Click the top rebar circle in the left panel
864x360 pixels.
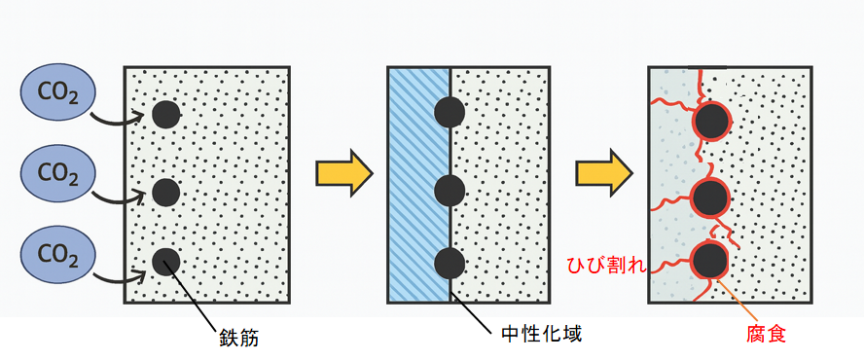166,115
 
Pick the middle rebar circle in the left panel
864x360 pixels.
166,192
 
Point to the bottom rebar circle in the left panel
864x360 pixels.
166,262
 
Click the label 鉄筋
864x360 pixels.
238,341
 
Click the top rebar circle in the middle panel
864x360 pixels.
450,113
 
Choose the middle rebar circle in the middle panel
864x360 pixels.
450,189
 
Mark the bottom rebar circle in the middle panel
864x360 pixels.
450,263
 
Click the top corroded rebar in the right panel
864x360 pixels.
712,122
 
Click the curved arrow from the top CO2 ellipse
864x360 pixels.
117,120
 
